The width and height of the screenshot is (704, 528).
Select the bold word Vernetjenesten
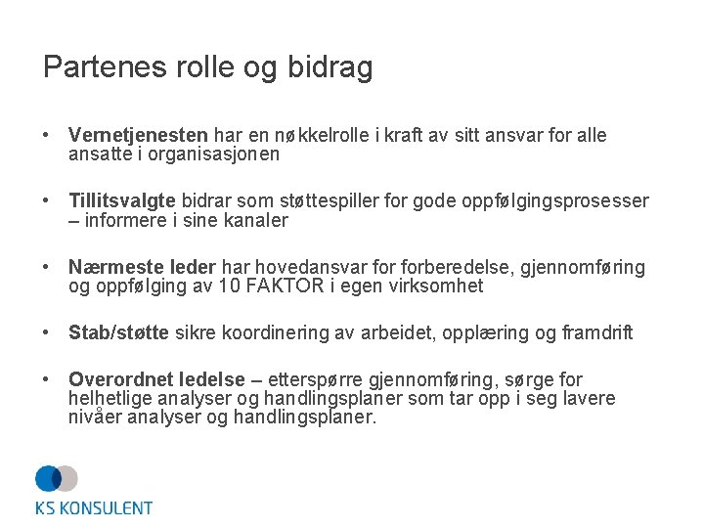pos(138,136)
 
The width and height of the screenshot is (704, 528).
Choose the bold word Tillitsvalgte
pos(121,201)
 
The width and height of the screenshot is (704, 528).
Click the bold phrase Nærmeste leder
pos(143,268)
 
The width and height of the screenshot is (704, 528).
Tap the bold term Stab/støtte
pos(118,333)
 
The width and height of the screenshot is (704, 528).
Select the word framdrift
pos(596,333)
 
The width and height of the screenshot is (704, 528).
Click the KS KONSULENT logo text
pos(94,507)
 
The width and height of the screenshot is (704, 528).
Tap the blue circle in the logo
pos(48,478)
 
